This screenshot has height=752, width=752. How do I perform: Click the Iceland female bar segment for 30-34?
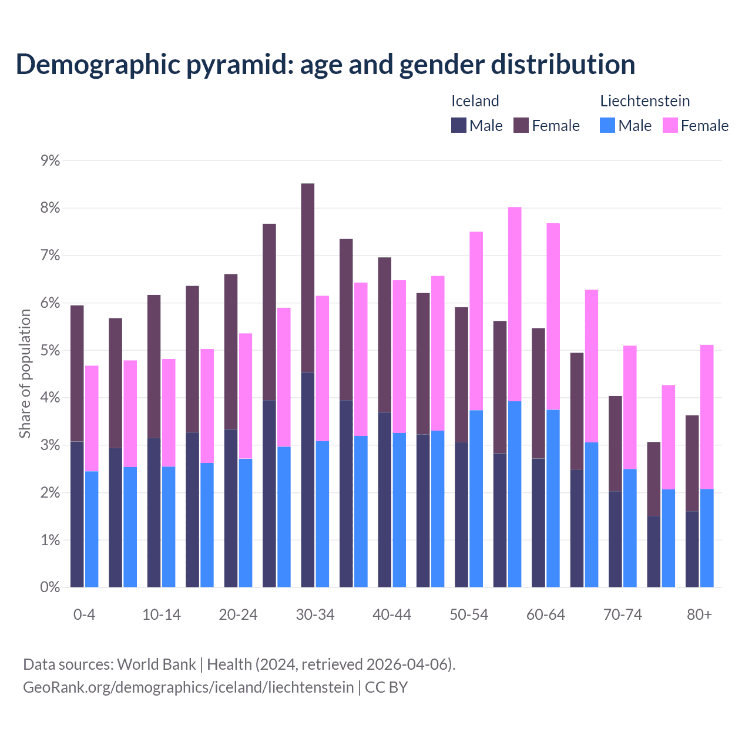(x=308, y=278)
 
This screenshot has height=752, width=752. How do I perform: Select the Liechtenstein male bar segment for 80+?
(x=707, y=538)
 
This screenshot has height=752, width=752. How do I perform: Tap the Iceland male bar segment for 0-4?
(x=77, y=514)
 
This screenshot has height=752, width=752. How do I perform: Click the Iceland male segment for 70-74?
(x=615, y=539)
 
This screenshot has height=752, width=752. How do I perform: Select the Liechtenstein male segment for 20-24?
(x=246, y=523)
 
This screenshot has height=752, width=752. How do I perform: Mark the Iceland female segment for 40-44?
(x=385, y=335)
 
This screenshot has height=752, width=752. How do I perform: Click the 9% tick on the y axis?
(x=51, y=160)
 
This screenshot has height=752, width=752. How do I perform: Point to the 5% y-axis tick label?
(x=51, y=350)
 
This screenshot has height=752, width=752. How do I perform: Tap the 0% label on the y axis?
(x=51, y=587)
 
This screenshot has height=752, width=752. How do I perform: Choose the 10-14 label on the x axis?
(x=162, y=615)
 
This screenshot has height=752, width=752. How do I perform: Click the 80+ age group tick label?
(x=699, y=615)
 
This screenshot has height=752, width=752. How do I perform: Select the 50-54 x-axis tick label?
(x=469, y=615)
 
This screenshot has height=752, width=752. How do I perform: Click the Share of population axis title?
(x=25, y=374)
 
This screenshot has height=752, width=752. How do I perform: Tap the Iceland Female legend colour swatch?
(x=521, y=125)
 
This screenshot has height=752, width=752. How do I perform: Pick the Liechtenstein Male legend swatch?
(x=607, y=125)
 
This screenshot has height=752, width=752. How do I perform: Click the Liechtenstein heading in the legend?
(x=644, y=101)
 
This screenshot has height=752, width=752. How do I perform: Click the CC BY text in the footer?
(x=387, y=687)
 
